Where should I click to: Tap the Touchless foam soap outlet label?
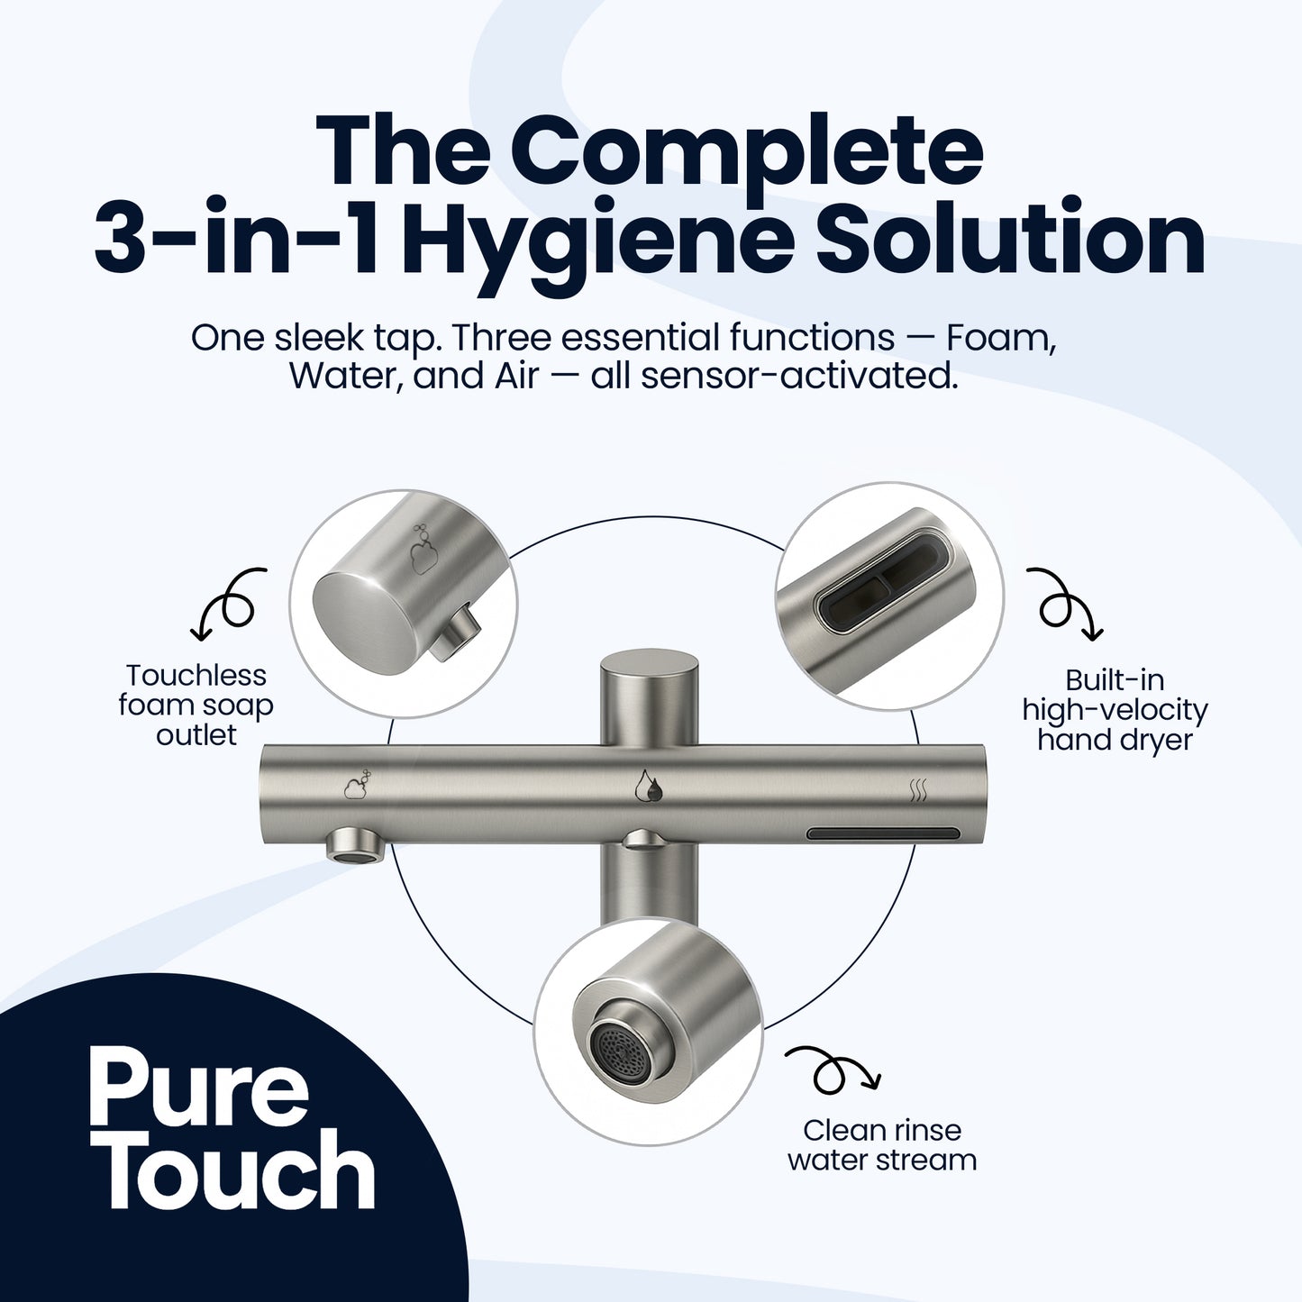click(x=196, y=705)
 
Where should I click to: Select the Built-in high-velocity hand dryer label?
click(x=1115, y=710)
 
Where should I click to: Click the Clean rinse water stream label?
click(x=881, y=1144)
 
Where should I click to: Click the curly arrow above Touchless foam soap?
click(x=230, y=603)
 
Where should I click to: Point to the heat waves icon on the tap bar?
click(x=917, y=791)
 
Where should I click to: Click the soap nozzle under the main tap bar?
click(x=355, y=845)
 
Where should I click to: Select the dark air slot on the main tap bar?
click(x=881, y=833)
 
